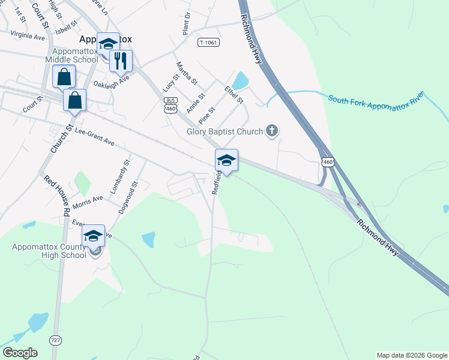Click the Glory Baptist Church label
(224, 132)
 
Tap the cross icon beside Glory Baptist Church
(272, 130)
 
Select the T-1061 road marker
(207, 42)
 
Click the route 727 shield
(56, 340)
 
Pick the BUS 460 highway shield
(171, 105)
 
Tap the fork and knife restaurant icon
(121, 60)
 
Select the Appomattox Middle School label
(74, 55)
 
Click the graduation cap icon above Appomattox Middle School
(108, 43)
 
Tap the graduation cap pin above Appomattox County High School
(93, 236)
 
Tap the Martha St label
(186, 73)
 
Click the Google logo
(20, 352)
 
